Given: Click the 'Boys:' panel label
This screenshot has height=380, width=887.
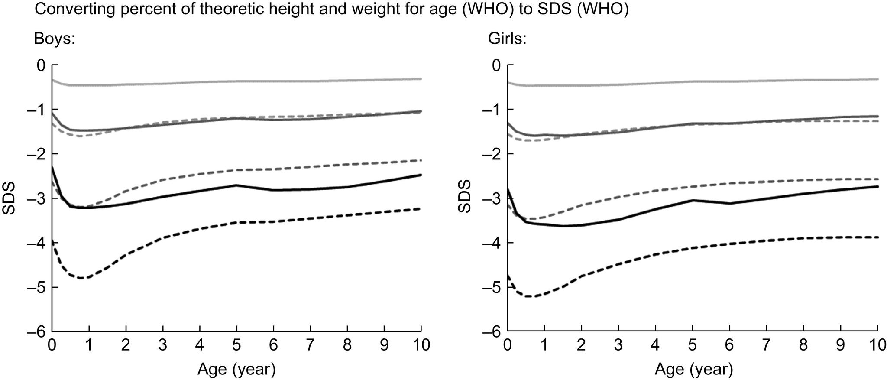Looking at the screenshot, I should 55,40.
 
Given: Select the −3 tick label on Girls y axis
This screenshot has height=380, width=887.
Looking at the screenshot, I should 492,198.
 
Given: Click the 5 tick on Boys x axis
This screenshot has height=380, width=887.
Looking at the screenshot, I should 236,346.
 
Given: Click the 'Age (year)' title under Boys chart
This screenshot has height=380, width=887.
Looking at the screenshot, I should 236,369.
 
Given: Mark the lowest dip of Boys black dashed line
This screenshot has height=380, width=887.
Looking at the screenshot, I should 82,278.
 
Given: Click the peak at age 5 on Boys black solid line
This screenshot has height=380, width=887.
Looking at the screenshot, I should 236,185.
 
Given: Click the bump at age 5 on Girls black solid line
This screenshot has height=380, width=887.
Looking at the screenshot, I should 693,200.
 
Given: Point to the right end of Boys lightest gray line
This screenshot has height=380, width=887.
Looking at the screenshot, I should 421,79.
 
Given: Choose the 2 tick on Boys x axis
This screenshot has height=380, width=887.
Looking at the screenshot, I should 126,346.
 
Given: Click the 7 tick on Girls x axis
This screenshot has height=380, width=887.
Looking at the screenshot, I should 767,346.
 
